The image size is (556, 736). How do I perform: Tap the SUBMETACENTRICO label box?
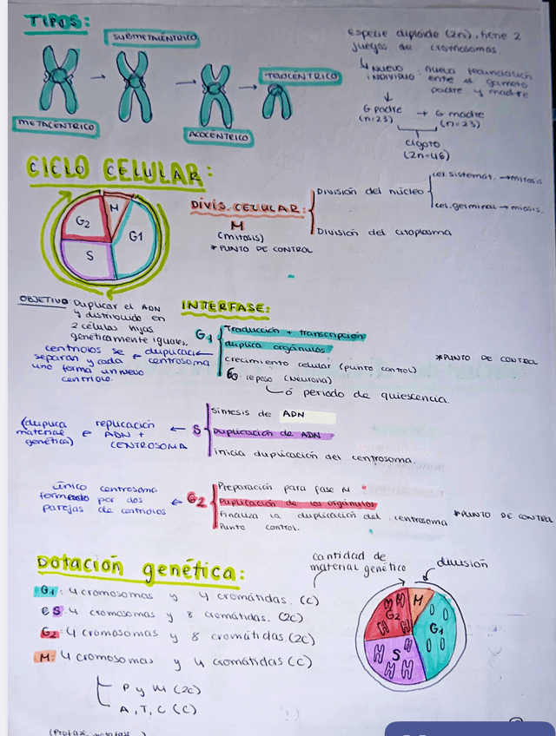[x=151, y=38]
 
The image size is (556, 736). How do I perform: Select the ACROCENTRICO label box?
[x=218, y=136]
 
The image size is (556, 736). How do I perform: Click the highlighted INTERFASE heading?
[x=225, y=307]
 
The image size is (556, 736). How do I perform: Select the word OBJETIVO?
[x=43, y=301]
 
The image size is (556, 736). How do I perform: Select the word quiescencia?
[x=412, y=398]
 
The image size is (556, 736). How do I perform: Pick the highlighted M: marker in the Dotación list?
[x=46, y=657]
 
